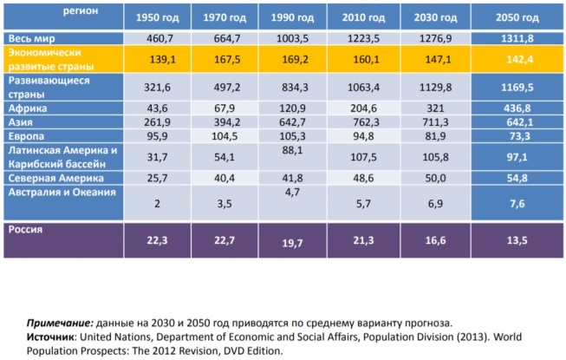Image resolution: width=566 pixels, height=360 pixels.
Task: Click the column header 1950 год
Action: pyautogui.click(x=157, y=17)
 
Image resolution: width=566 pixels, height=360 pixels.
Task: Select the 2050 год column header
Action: pyautogui.click(x=517, y=17)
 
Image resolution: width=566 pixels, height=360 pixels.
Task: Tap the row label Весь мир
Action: pyautogui.click(x=32, y=38)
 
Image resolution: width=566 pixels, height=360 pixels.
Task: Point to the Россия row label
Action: pyautogui.click(x=25, y=229)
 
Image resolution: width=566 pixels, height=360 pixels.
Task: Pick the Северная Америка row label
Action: pyautogui.click(x=56, y=178)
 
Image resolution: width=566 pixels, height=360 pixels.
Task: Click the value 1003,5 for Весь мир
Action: pyautogui.click(x=292, y=38)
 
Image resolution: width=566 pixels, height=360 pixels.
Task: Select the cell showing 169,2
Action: pyautogui.click(x=295, y=59)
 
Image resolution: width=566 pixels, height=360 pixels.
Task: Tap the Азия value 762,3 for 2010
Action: pyautogui.click(x=366, y=122)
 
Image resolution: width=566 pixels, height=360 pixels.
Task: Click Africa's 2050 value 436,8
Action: pyautogui.click(x=517, y=108)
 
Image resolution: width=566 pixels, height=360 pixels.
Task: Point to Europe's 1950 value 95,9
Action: pyautogui.click(x=157, y=136)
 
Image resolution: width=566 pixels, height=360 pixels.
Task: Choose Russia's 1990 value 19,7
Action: pyautogui.click(x=292, y=243)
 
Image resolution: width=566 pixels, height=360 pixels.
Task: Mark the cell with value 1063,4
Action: pyautogui.click(x=363, y=87)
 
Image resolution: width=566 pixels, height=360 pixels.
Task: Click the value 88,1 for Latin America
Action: pyautogui.click(x=292, y=150)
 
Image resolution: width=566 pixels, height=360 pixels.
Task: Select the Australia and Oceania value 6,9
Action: pyautogui.click(x=435, y=204)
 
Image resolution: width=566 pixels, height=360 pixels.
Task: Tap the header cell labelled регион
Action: pyautogui.click(x=81, y=10)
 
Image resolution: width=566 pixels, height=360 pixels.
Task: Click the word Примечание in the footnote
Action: pyautogui.click(x=60, y=323)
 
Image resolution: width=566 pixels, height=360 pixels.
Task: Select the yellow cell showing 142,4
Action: pyautogui.click(x=520, y=59)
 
